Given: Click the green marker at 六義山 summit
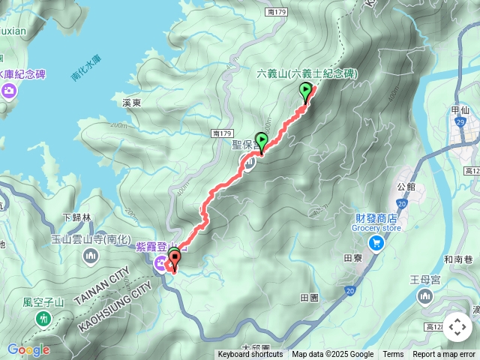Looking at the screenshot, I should [x=305, y=91].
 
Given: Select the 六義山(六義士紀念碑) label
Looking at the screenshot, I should [x=307, y=73].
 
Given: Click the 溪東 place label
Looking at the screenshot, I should [x=131, y=102].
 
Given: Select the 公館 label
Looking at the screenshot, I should [x=406, y=186].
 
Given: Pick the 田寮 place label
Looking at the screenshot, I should [x=352, y=257].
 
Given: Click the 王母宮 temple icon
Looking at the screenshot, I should [x=424, y=298].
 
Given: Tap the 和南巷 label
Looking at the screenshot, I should [x=457, y=259].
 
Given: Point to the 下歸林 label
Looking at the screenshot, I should [x=76, y=217].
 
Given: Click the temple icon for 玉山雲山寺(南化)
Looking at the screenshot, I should [x=91, y=257].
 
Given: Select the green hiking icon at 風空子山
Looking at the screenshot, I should [x=43, y=319].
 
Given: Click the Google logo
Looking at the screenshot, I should [x=28, y=349].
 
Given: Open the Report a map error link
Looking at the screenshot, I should [x=444, y=355].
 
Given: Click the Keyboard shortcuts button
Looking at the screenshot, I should [x=250, y=355].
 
